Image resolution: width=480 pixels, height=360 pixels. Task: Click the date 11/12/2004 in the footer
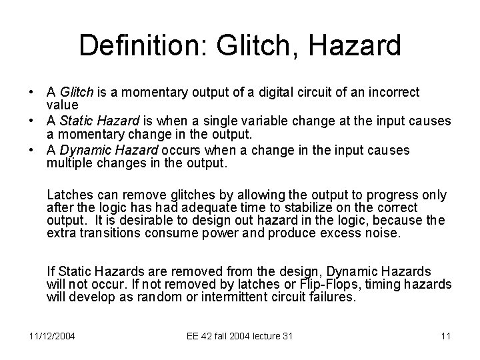click(x=51, y=335)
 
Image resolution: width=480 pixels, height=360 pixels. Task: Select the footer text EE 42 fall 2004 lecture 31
click(x=241, y=335)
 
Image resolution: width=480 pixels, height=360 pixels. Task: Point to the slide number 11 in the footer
click(x=446, y=335)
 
